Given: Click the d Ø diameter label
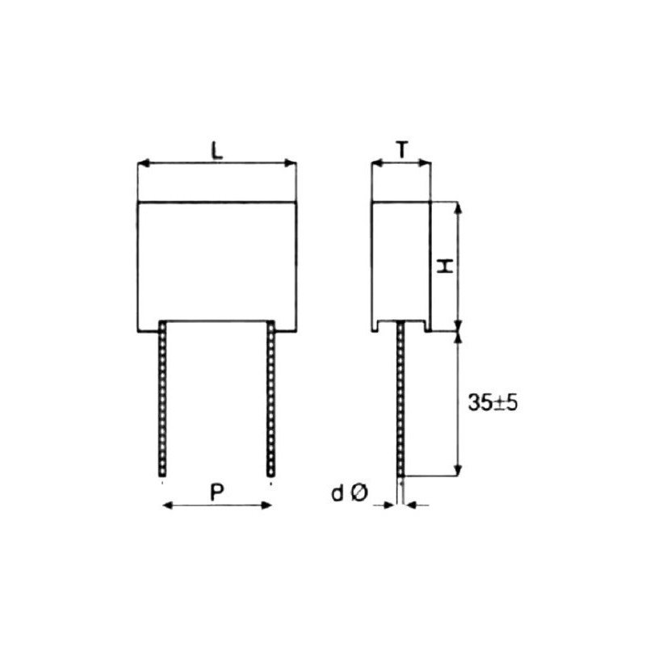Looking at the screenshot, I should (349, 494).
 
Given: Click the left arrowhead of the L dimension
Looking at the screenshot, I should (143, 164).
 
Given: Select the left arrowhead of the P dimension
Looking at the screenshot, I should (168, 505).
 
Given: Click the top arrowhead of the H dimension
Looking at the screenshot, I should (459, 208).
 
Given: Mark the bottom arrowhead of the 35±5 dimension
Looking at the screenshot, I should (459, 469).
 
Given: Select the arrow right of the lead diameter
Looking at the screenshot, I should (410, 505).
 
